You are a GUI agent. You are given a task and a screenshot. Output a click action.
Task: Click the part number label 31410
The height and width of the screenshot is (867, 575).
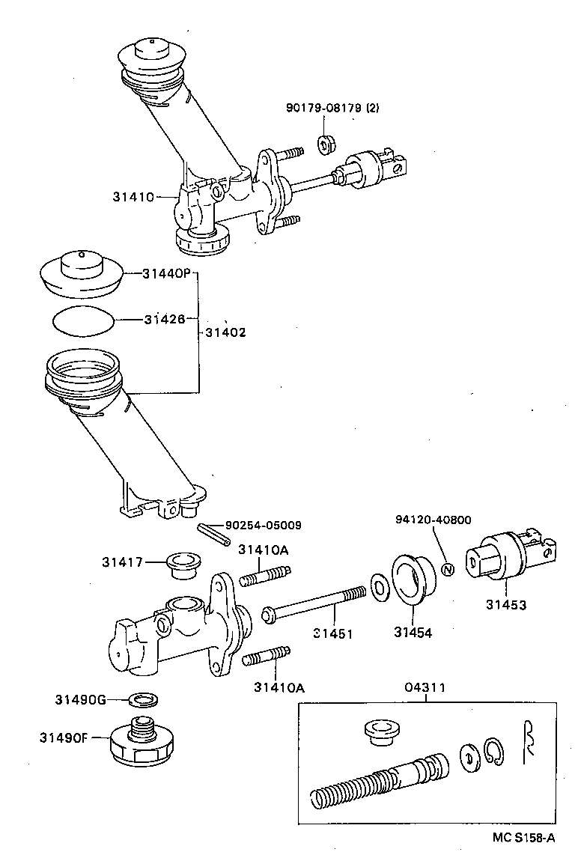(133, 197)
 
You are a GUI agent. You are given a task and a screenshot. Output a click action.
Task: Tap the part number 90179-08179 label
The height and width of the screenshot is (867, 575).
(332, 108)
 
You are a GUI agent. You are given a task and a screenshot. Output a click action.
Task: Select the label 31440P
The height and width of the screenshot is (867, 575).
(166, 274)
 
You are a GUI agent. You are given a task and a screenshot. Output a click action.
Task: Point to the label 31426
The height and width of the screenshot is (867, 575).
(165, 320)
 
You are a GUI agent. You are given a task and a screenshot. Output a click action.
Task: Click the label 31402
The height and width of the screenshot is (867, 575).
(225, 332)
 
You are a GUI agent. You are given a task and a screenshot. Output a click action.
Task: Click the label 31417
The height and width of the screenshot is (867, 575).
(123, 562)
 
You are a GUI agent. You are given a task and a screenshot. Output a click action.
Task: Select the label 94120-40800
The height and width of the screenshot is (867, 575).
(434, 520)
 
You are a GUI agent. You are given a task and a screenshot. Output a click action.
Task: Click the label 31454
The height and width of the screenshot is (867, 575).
(413, 633)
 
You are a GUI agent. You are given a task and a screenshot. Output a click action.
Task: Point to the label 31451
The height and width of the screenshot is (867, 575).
(332, 633)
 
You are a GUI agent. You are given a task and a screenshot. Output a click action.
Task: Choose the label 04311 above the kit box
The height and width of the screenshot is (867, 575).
(426, 687)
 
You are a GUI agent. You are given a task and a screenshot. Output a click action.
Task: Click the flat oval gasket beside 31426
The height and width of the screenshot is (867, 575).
(84, 320)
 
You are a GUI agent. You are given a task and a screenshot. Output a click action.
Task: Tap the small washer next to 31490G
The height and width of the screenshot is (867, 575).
(145, 700)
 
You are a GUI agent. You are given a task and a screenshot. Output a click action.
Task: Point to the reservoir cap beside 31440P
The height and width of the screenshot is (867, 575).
(81, 273)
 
